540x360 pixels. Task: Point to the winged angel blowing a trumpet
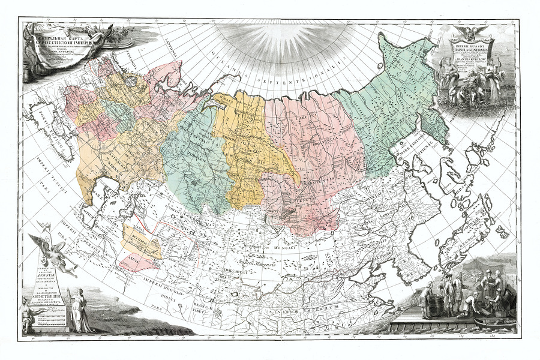click(56, 253)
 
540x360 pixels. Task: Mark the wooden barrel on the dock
click(434, 304)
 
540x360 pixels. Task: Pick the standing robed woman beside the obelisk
click(77, 309)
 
